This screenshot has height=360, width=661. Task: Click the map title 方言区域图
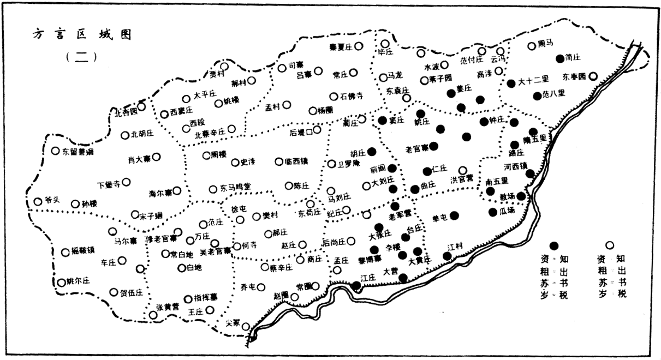coord(81,34)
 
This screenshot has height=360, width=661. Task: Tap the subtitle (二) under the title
coord(81,56)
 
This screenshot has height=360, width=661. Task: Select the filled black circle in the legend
coord(554,246)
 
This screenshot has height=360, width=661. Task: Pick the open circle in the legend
coord(610,246)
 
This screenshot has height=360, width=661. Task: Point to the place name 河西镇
coord(516,166)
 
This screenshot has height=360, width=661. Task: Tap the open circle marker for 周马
coord(532,46)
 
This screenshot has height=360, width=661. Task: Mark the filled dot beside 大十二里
coord(511,83)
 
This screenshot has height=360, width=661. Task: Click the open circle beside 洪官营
coord(463,171)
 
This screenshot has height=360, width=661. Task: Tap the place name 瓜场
coord(507,211)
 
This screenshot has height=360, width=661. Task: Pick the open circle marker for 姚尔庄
coord(62,283)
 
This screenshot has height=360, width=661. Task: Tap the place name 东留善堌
coord(77,152)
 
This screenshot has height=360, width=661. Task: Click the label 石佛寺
coord(352,97)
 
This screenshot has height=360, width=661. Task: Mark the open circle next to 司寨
coord(282,68)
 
